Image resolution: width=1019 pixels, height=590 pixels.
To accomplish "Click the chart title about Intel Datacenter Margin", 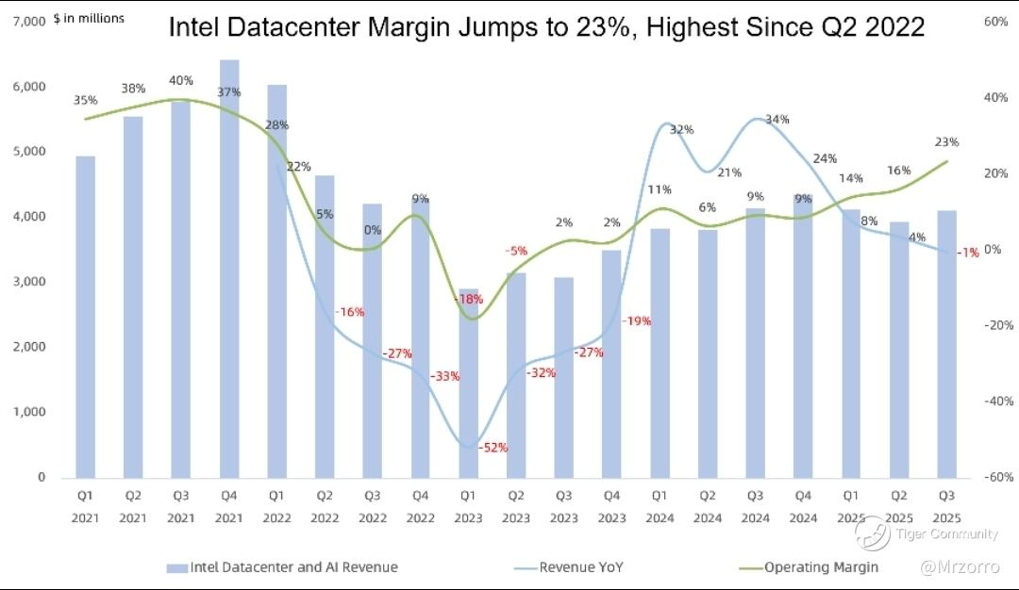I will pos(546,28).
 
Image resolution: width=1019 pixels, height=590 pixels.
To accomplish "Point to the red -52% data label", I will pos(493,448).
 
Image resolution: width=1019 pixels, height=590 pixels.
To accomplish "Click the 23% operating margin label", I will pos(947,142).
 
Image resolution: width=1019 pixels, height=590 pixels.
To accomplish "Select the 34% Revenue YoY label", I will pos(777,120).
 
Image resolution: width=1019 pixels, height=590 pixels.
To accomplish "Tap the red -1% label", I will pos(967,252).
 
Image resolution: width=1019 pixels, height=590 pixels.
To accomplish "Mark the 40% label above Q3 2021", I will pos(181,81).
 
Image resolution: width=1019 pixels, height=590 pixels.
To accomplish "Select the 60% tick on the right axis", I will pos(996,21).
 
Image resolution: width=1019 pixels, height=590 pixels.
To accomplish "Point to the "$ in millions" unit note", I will pos(89,19).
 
